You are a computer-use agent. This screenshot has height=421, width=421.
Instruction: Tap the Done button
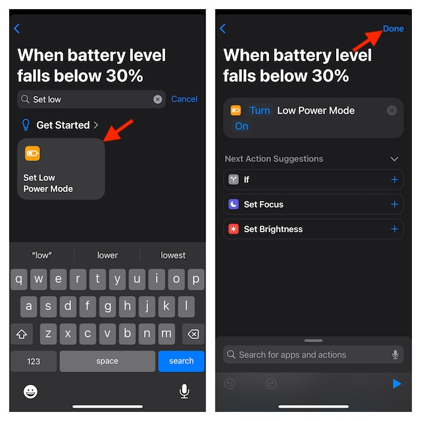393,28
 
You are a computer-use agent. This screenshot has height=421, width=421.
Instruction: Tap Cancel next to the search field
184,99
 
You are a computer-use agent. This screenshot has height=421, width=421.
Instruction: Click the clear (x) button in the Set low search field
158,99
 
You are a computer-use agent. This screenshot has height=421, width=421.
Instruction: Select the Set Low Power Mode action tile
61,168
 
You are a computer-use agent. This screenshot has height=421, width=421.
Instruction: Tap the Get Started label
63,125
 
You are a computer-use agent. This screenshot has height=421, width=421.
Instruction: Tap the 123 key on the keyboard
34,361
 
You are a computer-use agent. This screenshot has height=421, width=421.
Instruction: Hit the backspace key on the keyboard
193,334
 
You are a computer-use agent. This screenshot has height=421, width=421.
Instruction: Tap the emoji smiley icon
30,391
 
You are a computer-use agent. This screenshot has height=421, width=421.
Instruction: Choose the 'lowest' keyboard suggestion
173,255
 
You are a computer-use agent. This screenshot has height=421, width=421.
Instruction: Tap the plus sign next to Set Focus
395,205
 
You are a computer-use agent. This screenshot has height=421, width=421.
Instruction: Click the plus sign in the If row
395,180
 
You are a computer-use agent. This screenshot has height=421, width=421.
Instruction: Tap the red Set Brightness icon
234,229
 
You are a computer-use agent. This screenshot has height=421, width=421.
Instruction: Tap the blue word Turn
260,111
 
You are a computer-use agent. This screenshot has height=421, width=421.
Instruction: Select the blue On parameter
241,126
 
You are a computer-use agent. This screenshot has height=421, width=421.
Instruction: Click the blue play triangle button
397,384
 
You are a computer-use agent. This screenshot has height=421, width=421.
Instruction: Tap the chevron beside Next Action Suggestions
394,159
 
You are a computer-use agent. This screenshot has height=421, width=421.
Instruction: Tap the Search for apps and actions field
313,355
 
